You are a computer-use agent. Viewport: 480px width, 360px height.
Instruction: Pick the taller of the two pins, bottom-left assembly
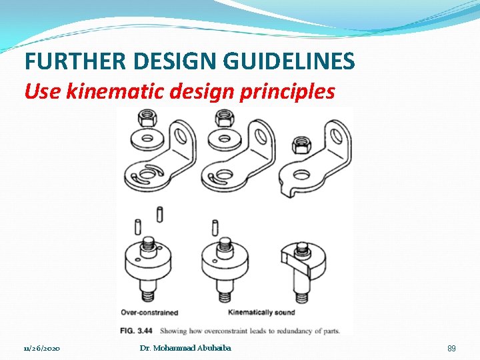click(x=161, y=215)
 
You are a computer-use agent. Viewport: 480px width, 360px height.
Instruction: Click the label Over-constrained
click(x=149, y=312)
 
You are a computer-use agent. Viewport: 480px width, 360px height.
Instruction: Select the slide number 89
click(x=451, y=349)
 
